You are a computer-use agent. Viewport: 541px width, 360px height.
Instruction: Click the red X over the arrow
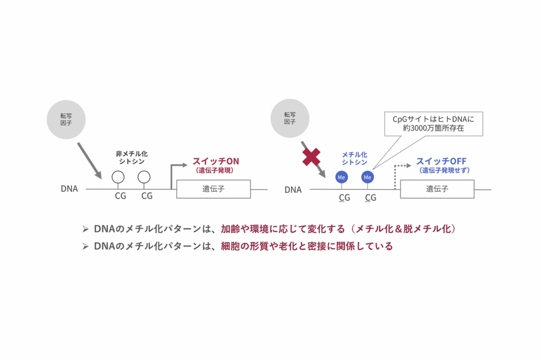click(311, 157)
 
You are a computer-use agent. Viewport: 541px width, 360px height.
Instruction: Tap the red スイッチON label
click(216, 161)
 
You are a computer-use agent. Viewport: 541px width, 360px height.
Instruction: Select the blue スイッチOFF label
click(441, 161)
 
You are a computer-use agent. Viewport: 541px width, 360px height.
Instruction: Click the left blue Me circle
click(342, 177)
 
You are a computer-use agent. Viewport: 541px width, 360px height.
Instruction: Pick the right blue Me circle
click(368, 177)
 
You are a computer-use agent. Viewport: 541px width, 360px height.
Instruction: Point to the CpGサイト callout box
click(434, 124)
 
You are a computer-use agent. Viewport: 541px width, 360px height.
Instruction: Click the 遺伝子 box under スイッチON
click(213, 189)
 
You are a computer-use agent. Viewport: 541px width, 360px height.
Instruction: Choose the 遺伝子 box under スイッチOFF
click(437, 189)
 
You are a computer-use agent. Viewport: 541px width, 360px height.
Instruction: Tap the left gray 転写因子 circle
click(66, 119)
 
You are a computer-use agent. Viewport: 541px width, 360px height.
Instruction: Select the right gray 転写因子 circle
click(290, 118)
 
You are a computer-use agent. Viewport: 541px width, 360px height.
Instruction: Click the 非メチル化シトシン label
click(132, 158)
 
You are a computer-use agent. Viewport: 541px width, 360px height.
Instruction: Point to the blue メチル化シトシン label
click(355, 159)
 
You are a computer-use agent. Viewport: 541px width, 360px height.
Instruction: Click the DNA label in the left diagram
click(69, 189)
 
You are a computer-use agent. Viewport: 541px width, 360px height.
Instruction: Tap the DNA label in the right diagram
click(293, 190)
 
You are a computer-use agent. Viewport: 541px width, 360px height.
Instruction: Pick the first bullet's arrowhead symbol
click(86, 229)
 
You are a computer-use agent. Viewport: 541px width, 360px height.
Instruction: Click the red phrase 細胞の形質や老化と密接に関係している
click(307, 246)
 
